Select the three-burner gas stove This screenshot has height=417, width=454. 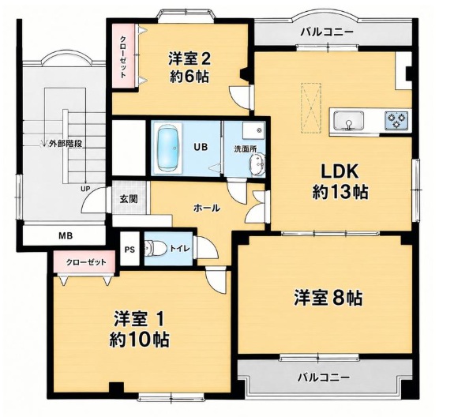tap(396, 121)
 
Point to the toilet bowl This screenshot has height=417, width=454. tap(155, 249)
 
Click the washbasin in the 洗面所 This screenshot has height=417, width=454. tap(257, 165)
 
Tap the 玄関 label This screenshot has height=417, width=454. tap(129, 199)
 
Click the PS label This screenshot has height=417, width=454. tap(129, 250)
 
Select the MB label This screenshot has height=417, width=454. tap(66, 236)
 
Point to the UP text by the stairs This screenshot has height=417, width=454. tap(85, 189)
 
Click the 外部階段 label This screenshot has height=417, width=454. tap(66, 144)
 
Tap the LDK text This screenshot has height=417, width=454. tap(340, 171)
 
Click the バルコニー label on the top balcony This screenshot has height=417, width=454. tap(327, 32)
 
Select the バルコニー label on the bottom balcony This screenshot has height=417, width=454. tap(325, 377)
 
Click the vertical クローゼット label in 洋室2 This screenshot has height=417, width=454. tap(123, 57)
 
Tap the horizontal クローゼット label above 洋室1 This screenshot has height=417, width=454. tap(86, 263)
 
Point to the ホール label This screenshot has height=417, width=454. tap(207, 208)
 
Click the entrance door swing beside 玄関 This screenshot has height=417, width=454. tap(94, 200)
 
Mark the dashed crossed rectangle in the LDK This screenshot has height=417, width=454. tap(311, 108)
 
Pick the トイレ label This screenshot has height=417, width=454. tap(180, 248)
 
